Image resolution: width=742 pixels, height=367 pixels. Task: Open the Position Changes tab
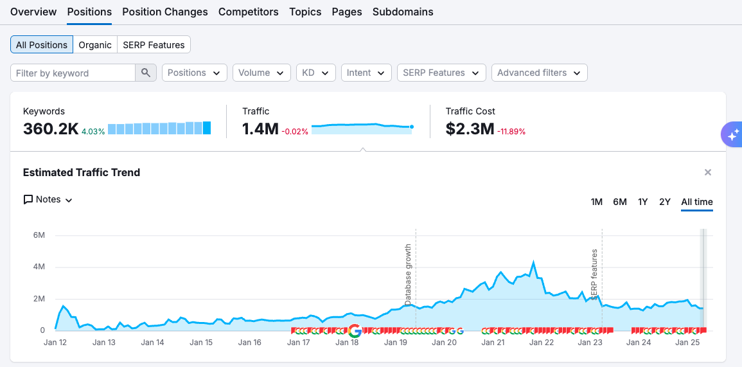[164, 12]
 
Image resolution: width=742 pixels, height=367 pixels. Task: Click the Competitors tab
[248, 12]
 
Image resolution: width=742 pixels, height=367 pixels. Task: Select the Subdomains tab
[403, 12]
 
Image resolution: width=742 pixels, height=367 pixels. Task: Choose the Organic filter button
[95, 45]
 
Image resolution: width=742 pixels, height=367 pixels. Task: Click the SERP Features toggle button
[154, 45]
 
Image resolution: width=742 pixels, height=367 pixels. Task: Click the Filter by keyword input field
[73, 73]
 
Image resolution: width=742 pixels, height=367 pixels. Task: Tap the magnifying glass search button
[146, 73]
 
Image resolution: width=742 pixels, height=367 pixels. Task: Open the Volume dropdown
[261, 73]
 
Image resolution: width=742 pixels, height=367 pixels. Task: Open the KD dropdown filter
[315, 73]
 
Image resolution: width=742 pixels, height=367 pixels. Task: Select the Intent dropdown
[366, 73]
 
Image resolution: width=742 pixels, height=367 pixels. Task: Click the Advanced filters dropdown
[539, 73]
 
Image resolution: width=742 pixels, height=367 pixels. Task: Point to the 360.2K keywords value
[50, 129]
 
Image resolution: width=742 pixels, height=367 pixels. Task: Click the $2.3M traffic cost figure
[470, 129]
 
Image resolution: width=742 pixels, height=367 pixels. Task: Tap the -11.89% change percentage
[511, 132]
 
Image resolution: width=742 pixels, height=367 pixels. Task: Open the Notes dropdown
[48, 199]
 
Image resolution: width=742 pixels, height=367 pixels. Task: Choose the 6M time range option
[619, 202]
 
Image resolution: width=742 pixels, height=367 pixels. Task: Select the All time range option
[696, 202]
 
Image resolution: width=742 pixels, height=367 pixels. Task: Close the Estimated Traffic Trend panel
[707, 172]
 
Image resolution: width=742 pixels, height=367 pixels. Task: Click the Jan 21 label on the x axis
[493, 343]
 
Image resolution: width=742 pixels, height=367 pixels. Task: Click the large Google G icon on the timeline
[354, 331]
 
